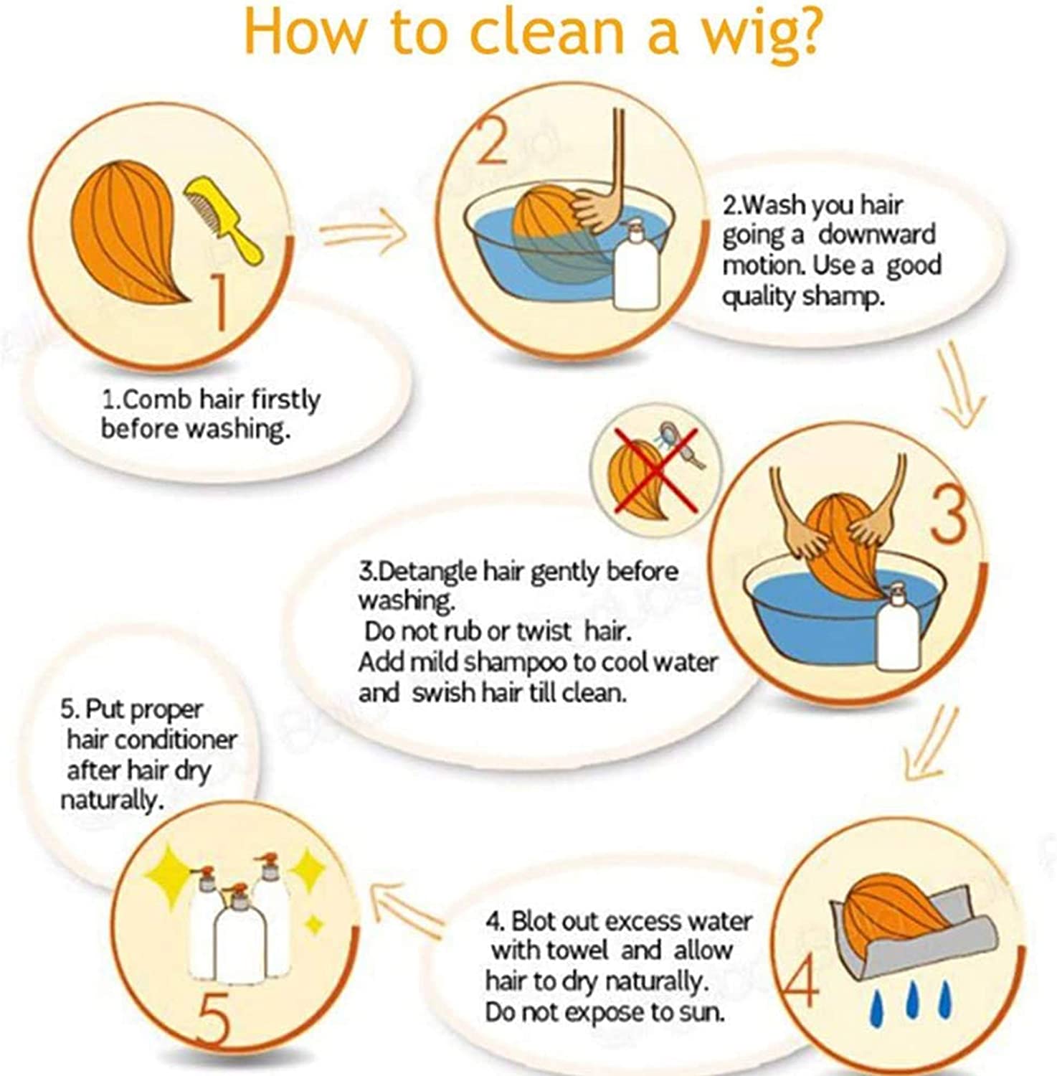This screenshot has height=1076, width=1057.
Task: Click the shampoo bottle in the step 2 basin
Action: (x=636, y=265)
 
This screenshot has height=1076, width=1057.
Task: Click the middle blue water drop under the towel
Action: (x=912, y=1001)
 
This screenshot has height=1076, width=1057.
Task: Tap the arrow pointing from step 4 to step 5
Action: (x=406, y=908)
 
